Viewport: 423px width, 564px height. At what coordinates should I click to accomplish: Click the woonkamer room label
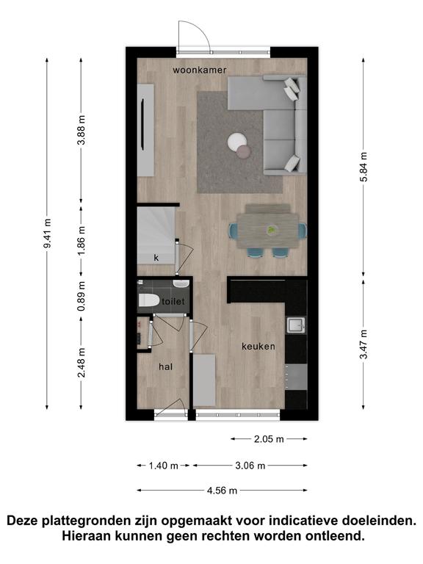pos(200,70)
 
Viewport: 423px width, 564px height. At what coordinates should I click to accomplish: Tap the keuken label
pos(258,347)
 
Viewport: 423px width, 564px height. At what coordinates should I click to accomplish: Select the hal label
pos(165,366)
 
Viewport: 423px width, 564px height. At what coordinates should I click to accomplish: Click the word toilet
pos(173,301)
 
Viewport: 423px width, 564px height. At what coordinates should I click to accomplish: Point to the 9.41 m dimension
pos(47,233)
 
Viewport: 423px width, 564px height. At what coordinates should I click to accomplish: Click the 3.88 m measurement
pos(82,130)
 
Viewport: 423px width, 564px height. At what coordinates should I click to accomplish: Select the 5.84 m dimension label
pos(364,167)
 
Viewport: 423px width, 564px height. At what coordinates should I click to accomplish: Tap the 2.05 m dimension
pos(269,439)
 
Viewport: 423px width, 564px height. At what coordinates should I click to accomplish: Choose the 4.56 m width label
pos(222,491)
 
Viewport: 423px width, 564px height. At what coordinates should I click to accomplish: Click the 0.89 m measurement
pos(82,297)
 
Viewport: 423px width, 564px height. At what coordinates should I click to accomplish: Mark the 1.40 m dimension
pos(164,466)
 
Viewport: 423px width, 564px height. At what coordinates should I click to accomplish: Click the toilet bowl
pos(149,300)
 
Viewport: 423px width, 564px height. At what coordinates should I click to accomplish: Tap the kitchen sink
pos(296,325)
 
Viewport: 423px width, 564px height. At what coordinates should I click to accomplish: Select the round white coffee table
pos(237,142)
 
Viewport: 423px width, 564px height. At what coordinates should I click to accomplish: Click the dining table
pos(268,231)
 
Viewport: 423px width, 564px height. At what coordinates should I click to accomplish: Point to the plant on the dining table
pos(272,229)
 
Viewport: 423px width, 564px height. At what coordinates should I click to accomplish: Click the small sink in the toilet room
pos(181,284)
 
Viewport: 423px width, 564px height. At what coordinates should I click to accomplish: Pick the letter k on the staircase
pos(156,258)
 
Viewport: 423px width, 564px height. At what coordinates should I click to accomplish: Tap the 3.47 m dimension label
pos(364,344)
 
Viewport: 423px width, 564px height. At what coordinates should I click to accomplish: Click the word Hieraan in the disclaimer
pos(87,536)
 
